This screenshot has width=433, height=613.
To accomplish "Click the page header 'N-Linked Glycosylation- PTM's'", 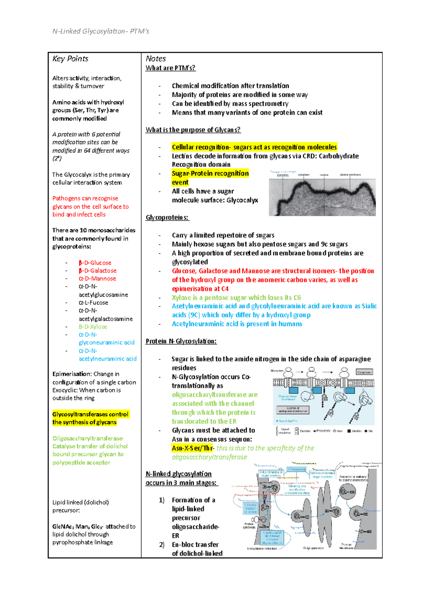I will tap(101, 31).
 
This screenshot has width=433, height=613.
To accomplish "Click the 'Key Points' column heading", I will tap(70, 59).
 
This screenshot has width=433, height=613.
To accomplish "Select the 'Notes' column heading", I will tap(156, 59).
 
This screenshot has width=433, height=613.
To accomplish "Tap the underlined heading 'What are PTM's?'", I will tap(170, 68).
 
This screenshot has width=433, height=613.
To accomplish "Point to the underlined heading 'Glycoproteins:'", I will tap(167, 218).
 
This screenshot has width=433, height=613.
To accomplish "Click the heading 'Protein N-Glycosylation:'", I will tap(181, 341).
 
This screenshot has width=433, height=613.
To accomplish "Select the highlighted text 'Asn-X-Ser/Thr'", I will tap(192, 448).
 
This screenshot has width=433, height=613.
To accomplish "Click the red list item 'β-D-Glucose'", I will tap(95, 263).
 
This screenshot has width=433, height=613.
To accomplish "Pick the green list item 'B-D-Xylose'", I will tap(93, 327).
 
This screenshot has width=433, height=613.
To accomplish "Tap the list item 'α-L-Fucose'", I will tap(93, 303).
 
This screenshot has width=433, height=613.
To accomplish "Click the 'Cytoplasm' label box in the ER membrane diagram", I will tap(364, 372).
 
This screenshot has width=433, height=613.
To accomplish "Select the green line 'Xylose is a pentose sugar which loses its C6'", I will tap(236, 297).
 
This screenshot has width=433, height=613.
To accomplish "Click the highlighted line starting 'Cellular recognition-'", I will tap(254, 147).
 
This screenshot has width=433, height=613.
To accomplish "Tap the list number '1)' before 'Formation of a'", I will tap(162, 500).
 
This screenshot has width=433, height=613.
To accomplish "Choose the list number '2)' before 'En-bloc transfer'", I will tap(162, 545).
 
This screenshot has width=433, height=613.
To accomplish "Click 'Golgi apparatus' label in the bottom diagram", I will tap(313, 548).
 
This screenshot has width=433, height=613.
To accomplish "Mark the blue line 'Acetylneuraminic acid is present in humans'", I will tap(237, 324).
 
